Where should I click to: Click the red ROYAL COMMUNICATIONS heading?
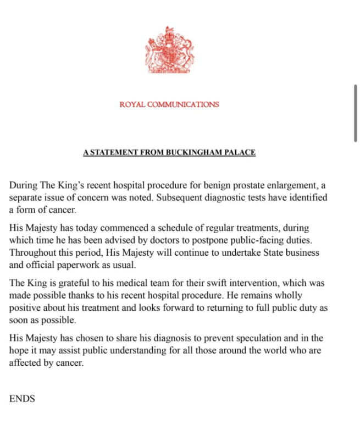(x=169, y=105)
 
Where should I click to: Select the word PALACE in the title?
(x=240, y=152)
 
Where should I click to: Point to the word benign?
(x=202, y=186)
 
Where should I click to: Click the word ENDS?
(x=22, y=399)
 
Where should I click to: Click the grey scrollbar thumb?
(x=356, y=113)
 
